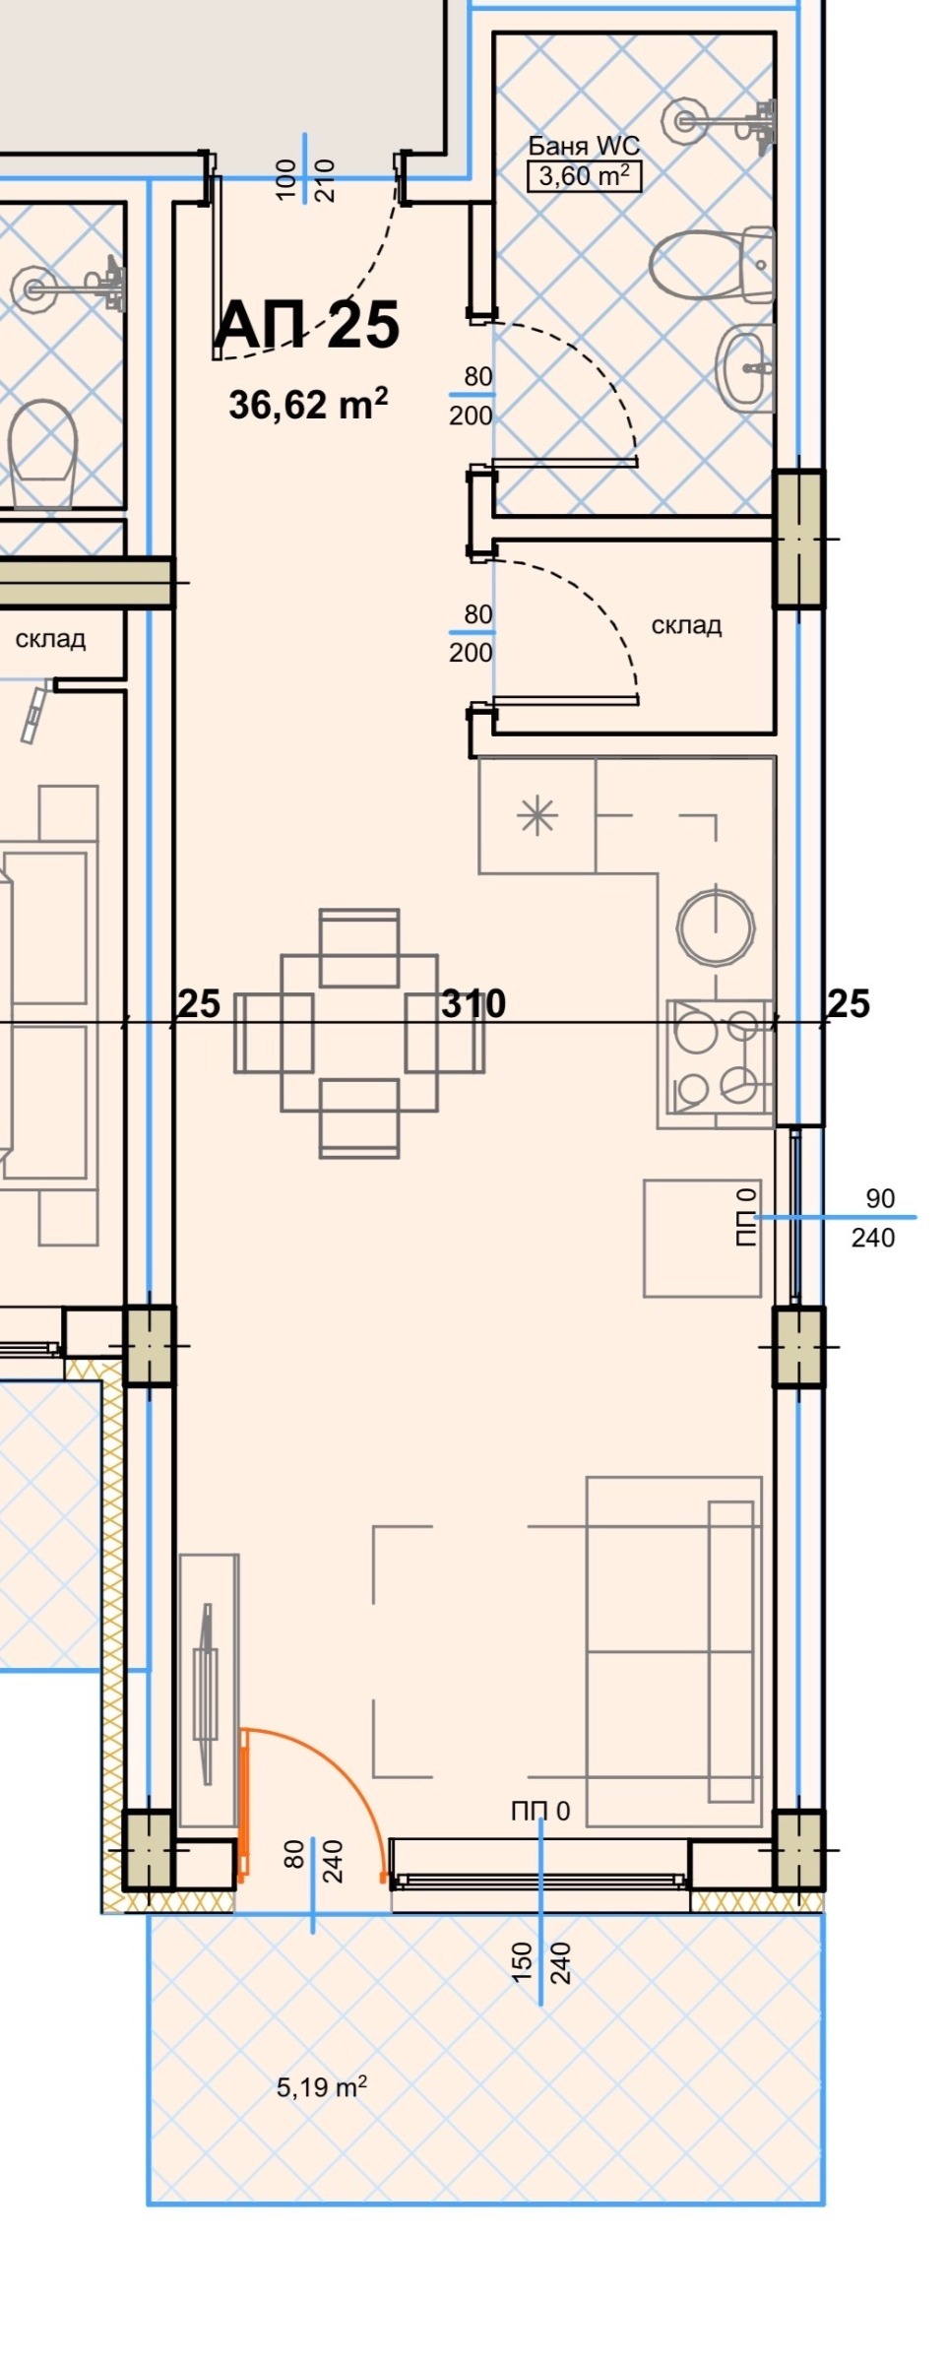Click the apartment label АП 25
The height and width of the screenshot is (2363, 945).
point(307,325)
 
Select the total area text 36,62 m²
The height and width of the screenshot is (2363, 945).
point(308,404)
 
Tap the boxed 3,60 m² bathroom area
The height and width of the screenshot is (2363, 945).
point(584,177)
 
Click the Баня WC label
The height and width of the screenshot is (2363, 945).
point(584,146)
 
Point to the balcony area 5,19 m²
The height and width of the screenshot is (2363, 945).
point(322,2086)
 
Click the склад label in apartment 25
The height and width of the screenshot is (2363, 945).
point(686,625)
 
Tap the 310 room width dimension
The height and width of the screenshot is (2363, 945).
point(473,1003)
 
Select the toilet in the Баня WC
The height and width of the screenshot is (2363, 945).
point(713,264)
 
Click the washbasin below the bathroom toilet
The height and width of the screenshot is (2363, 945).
point(745,369)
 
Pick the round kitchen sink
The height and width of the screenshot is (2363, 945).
point(716,927)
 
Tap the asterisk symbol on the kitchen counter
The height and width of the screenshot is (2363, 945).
point(537,816)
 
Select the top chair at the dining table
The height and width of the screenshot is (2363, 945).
point(359,947)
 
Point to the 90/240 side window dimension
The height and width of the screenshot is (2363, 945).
point(874,1218)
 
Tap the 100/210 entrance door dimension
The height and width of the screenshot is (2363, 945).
point(305,180)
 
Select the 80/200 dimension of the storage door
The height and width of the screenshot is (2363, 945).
point(472,633)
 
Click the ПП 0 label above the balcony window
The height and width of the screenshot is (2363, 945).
point(540,1811)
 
